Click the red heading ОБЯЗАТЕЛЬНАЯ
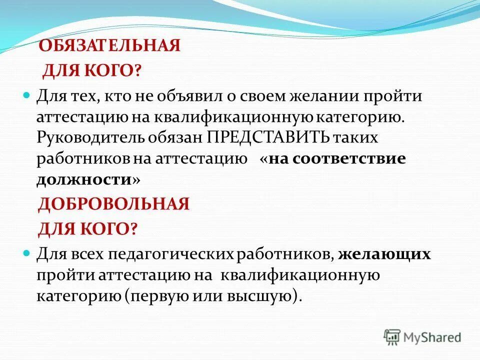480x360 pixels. click(109, 46)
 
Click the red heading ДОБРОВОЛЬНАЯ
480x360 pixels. click(114, 204)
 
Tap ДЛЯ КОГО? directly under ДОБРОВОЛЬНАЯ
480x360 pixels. click(88, 229)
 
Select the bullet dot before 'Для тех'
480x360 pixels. click(28, 95)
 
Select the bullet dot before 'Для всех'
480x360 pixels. click(28, 253)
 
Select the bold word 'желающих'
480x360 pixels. click(384, 254)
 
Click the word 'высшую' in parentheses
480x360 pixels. click(267, 296)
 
